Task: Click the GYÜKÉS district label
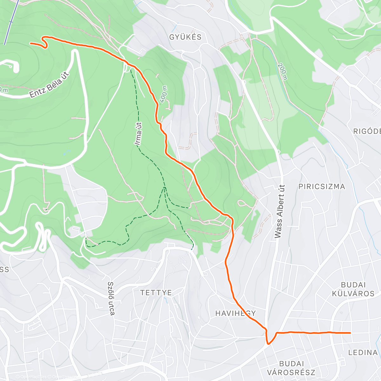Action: [x=185, y=37]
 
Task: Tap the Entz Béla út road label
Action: [x=49, y=85]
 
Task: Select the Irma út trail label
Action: [x=139, y=134]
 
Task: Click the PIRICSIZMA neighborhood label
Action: [x=322, y=187]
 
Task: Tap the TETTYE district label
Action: [x=156, y=293]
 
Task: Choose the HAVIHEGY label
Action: [x=235, y=313]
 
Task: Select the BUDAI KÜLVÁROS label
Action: [x=353, y=289]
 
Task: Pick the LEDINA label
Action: [x=363, y=352]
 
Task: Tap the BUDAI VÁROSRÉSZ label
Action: [x=291, y=368]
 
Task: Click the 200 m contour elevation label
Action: [x=282, y=71]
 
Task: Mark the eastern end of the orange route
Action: [x=350, y=333]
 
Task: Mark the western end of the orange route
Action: [x=30, y=43]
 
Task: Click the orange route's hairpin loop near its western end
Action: [x=45, y=42]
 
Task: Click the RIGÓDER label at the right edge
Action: [x=367, y=131]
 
